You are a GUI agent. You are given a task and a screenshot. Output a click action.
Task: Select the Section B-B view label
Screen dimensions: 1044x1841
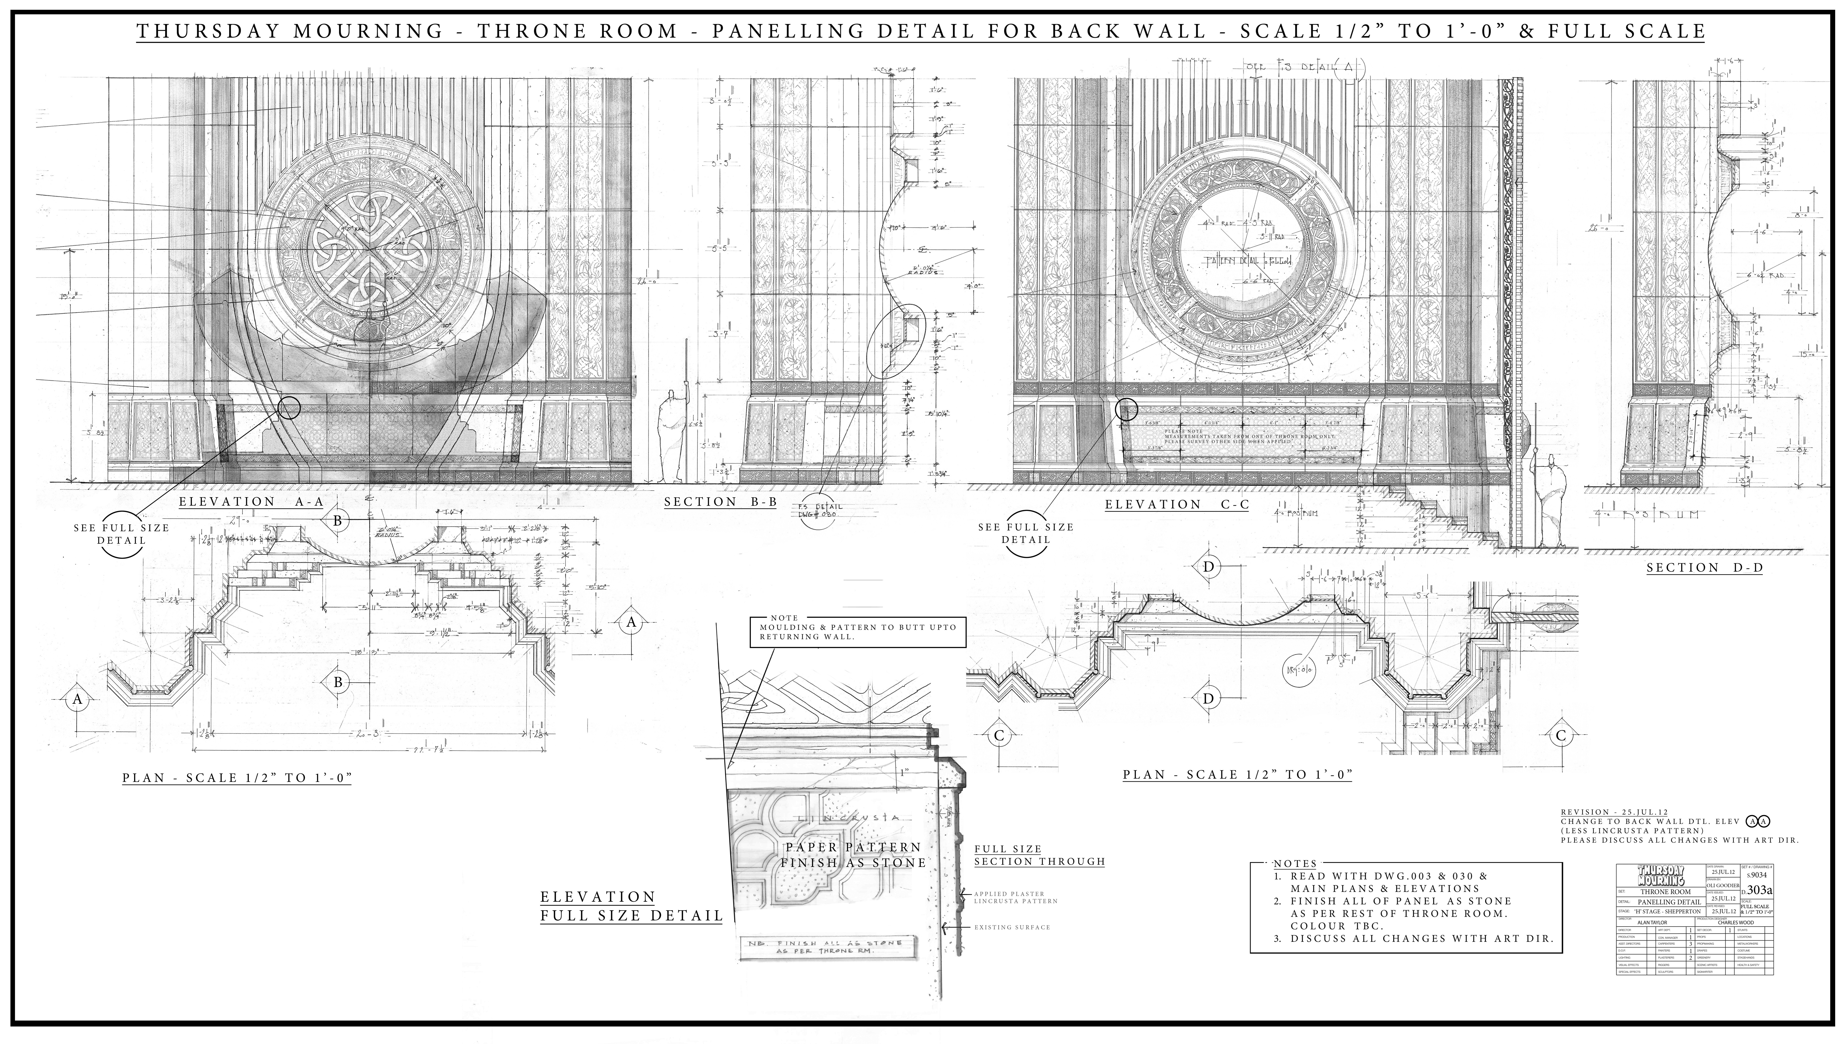click(x=720, y=502)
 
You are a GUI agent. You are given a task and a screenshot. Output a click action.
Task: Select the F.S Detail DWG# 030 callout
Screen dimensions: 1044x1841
click(x=820, y=511)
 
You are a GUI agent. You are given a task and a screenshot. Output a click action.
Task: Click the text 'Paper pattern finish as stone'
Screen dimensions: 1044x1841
click(x=853, y=855)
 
